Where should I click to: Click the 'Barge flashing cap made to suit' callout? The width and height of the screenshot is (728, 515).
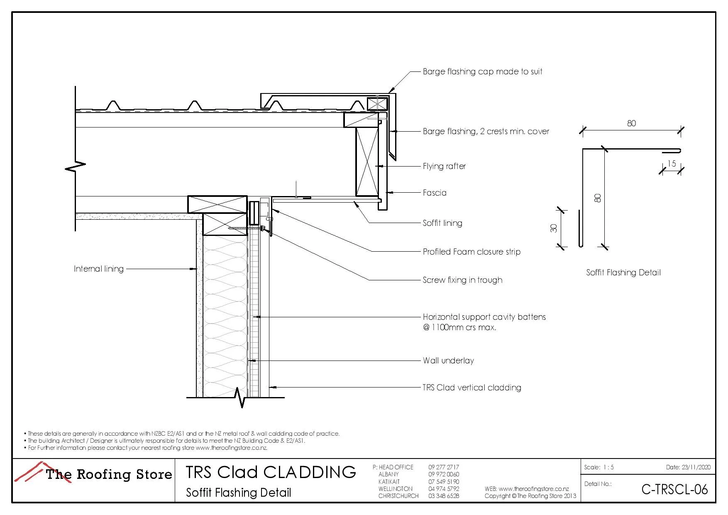482,71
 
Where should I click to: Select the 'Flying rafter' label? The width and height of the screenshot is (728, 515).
444,166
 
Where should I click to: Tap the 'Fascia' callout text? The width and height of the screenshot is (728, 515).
435,193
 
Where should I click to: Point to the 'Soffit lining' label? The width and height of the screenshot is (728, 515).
442,223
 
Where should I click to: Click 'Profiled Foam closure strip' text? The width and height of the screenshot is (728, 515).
471,252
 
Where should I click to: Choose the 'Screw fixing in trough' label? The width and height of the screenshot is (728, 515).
462,280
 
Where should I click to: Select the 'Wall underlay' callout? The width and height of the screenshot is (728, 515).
448,360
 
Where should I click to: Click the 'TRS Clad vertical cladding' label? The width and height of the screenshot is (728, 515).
472,387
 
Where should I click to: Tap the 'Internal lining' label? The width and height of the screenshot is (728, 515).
99,269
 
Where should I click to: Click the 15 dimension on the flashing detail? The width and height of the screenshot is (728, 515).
672,164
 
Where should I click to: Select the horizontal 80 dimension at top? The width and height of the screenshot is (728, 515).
631,123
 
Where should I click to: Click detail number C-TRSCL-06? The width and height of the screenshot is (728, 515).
674,490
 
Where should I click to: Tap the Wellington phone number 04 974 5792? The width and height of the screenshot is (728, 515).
444,489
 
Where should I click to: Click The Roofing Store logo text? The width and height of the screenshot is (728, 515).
109,474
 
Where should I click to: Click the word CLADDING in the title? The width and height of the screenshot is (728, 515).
310,472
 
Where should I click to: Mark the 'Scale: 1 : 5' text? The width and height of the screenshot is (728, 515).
599,467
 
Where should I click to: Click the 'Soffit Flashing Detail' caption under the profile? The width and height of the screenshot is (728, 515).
623,272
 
